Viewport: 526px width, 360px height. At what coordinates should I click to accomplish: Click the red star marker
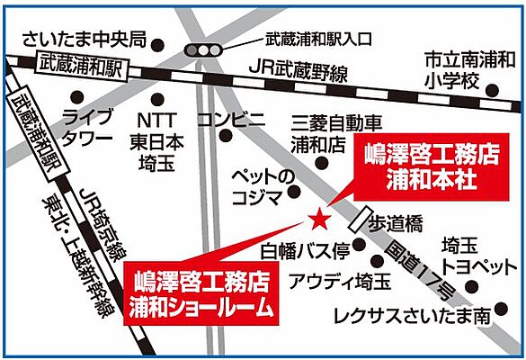click(316, 218)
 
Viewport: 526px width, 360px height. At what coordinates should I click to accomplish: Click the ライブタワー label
click(87, 128)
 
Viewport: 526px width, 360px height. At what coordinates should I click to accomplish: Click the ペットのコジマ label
click(263, 184)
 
